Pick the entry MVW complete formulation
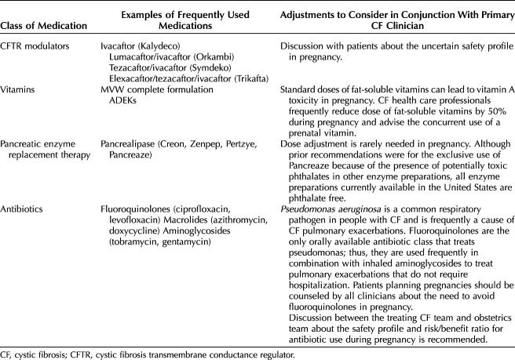pos(156,90)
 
